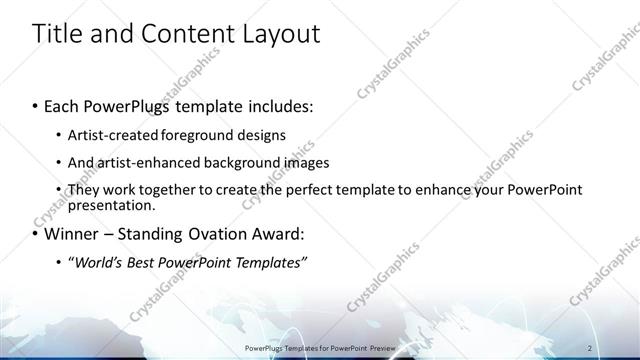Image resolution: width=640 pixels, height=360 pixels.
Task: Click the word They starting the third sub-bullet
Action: click(x=84, y=189)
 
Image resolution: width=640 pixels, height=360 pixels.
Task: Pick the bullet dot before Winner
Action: click(x=36, y=235)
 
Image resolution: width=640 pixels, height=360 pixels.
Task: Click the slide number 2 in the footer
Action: click(x=591, y=347)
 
